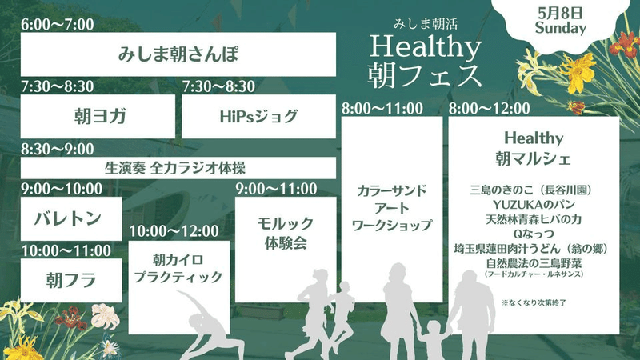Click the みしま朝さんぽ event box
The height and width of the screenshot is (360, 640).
178,54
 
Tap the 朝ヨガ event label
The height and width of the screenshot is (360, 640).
100,116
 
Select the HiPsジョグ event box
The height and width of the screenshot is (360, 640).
258,117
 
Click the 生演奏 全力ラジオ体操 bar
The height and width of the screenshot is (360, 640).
178,168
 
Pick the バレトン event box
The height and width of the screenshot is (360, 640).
71,218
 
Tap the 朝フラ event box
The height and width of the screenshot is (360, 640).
71,281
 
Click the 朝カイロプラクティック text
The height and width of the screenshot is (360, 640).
178,269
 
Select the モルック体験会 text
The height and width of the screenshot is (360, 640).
286,233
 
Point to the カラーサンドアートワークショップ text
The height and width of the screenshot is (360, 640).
392,208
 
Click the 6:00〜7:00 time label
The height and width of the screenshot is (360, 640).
58,25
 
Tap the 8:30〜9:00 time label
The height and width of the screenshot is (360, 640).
58,149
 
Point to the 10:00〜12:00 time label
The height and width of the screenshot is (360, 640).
174,231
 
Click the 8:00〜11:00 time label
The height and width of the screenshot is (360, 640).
382,109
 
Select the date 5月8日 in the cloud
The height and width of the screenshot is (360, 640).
560,14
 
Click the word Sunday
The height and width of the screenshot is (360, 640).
561,28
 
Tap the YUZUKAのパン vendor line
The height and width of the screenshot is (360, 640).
534,205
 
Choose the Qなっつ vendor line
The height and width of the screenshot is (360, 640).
534,234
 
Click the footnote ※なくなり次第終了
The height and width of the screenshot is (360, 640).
534,303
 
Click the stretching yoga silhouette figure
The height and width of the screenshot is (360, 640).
208,326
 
